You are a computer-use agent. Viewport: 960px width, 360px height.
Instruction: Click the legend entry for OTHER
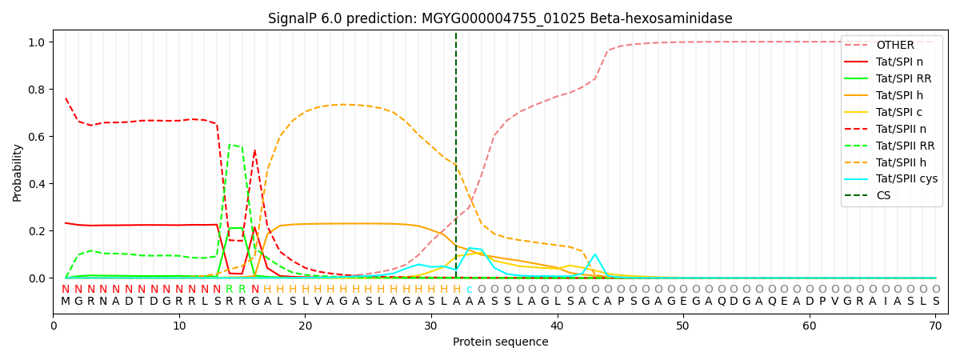[x=894, y=46]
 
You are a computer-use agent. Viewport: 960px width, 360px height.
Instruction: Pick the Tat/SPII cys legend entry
[x=906, y=178]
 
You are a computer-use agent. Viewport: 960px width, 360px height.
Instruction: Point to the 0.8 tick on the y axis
[x=38, y=90]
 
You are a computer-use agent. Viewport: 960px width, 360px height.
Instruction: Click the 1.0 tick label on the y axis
[x=38, y=42]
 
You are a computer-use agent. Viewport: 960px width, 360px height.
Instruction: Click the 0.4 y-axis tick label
[x=38, y=184]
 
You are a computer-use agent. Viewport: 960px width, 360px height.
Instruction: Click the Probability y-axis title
[x=18, y=172]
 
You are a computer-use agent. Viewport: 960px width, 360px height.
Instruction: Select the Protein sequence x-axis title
[x=500, y=342]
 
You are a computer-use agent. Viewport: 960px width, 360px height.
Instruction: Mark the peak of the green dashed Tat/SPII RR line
[x=230, y=145]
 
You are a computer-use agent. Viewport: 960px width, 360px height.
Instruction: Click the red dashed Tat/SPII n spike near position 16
[x=254, y=150]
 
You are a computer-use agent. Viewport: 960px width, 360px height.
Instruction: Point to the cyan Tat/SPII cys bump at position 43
[x=594, y=254]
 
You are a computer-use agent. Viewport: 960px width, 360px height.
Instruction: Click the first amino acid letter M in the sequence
[x=66, y=302]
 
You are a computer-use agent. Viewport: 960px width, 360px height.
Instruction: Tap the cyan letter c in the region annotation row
[x=469, y=290]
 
